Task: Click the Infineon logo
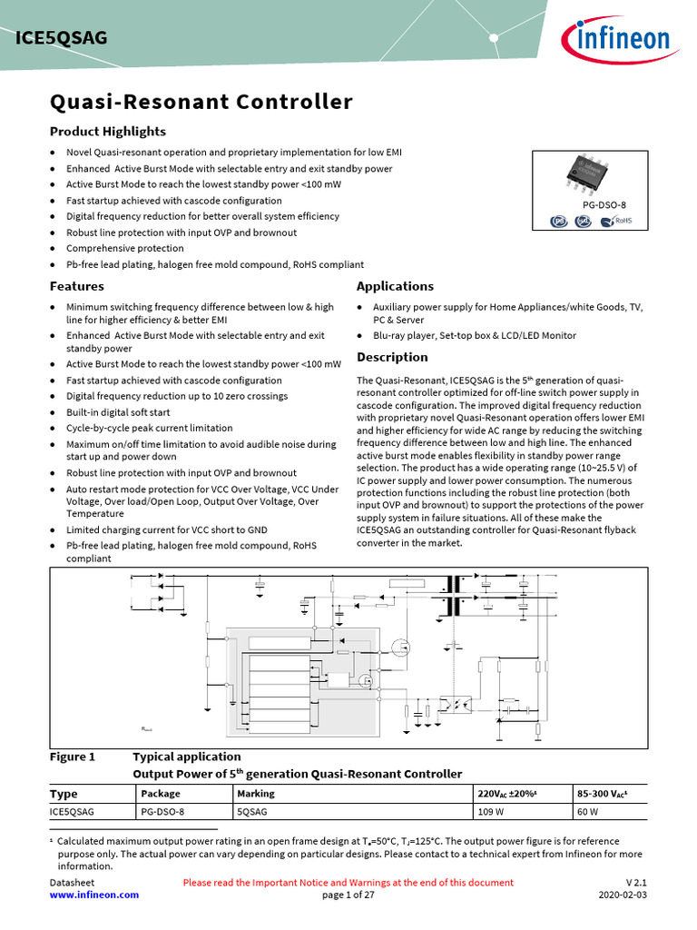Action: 617,39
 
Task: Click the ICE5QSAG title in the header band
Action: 62,37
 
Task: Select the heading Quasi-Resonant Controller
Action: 201,102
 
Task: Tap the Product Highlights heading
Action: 107,132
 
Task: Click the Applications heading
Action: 395,286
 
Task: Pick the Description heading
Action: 392,357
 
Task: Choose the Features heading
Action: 76,286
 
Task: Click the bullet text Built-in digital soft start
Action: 118,412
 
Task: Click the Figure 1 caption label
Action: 72,757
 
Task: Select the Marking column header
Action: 255,794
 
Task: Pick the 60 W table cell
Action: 587,812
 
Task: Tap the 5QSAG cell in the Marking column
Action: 251,812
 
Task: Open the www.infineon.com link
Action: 94,895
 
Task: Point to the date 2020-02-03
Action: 623,895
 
